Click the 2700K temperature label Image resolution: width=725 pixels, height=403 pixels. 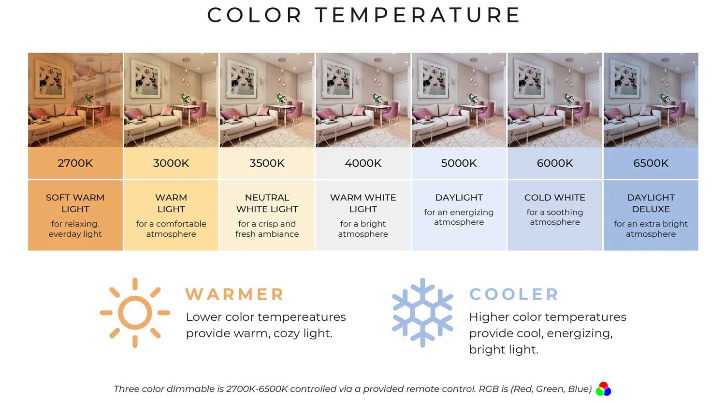point(75,163)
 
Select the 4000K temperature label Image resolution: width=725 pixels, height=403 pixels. point(363,163)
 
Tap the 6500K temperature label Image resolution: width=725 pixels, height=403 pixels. point(651,163)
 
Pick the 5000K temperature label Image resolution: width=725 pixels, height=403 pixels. point(459,163)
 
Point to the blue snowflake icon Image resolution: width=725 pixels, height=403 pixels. point(422,313)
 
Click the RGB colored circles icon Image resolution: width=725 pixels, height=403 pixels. point(603,389)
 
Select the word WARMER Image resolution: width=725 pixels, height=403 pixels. point(234,294)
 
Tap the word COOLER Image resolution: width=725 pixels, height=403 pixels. point(514,294)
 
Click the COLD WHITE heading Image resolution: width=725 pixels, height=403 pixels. point(555,198)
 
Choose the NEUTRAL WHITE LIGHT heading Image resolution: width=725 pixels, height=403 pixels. point(267,203)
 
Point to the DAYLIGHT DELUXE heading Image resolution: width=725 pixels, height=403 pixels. point(651,203)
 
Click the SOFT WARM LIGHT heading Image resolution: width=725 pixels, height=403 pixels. point(75,203)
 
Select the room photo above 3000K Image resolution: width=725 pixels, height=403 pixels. point(171,100)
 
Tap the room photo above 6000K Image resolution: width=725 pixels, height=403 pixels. point(555,100)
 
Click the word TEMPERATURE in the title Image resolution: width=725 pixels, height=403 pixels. point(418,15)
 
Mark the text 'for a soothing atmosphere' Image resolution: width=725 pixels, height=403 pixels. point(555,217)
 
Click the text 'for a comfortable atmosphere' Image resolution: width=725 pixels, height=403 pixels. point(171,229)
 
